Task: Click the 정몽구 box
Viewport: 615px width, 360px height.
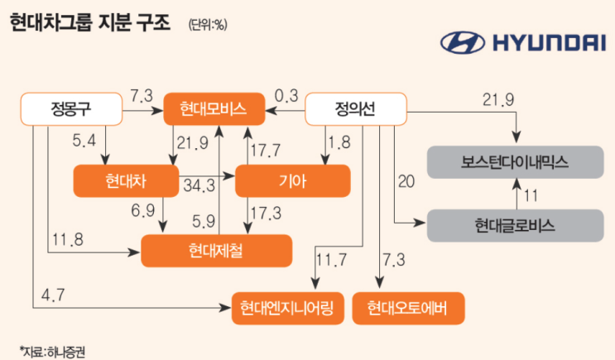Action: (x=70, y=109)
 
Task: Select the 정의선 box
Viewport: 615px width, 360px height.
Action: (x=357, y=109)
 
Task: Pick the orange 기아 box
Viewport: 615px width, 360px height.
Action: (x=293, y=180)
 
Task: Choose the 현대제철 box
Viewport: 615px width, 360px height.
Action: (x=217, y=250)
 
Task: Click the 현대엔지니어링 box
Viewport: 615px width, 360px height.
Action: (x=286, y=309)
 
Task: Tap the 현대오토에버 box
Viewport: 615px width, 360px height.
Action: (x=409, y=309)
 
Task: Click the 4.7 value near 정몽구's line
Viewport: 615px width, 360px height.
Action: (x=50, y=291)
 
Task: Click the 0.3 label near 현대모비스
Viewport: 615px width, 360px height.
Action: (x=286, y=95)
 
